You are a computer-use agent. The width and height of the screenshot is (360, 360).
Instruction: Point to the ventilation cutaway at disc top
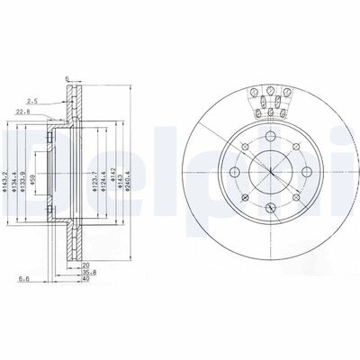[270, 101]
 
